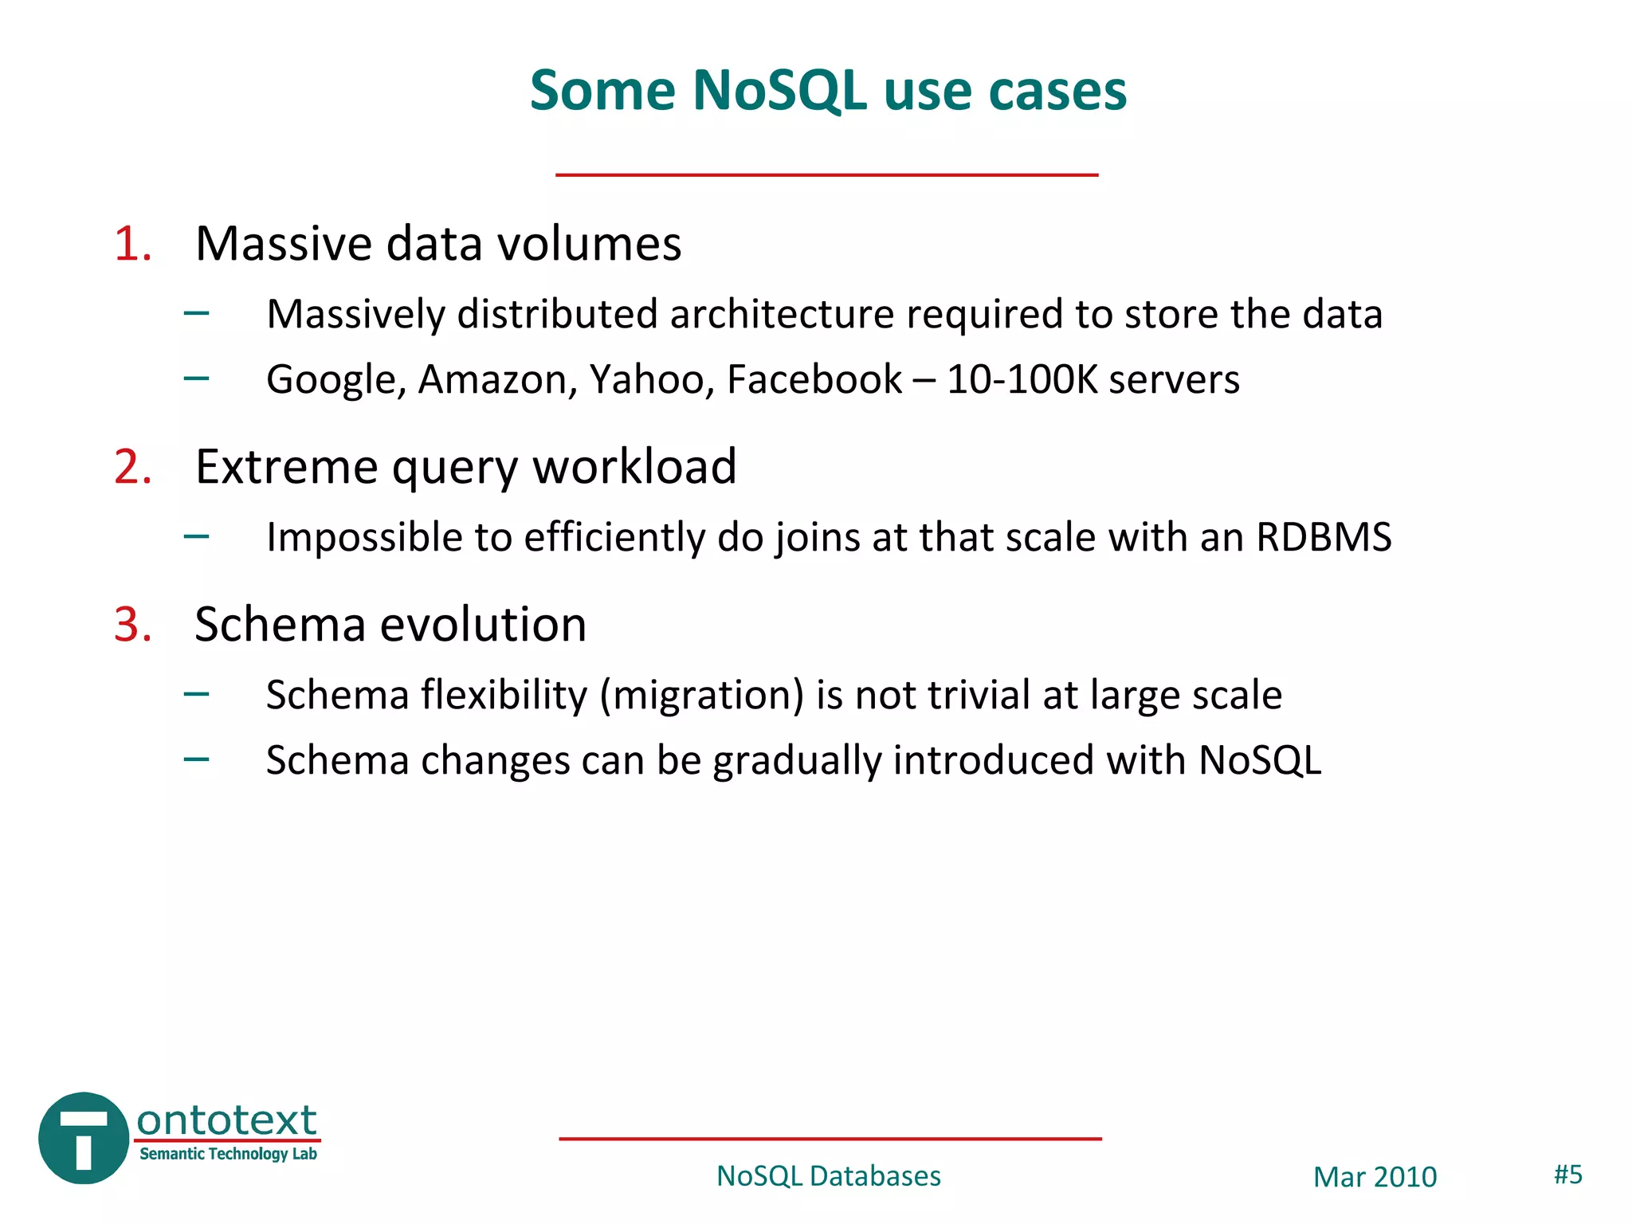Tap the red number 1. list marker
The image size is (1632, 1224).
coord(132,244)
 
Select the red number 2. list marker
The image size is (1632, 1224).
coord(132,467)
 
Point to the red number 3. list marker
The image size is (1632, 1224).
coord(132,625)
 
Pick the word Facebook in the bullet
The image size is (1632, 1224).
coord(814,379)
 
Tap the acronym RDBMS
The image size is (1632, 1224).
coord(1323,537)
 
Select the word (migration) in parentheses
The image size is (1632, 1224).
coord(701,696)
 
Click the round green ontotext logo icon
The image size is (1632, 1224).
coord(83,1138)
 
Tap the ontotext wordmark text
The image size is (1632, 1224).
coord(226,1120)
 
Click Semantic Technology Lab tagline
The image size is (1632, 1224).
coord(228,1154)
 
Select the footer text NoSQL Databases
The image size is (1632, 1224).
coord(828,1176)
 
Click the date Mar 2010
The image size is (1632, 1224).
coord(1375,1177)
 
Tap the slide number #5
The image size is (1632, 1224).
coord(1567,1175)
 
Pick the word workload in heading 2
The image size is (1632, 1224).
coord(634,467)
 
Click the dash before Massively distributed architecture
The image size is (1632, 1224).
coord(196,313)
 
